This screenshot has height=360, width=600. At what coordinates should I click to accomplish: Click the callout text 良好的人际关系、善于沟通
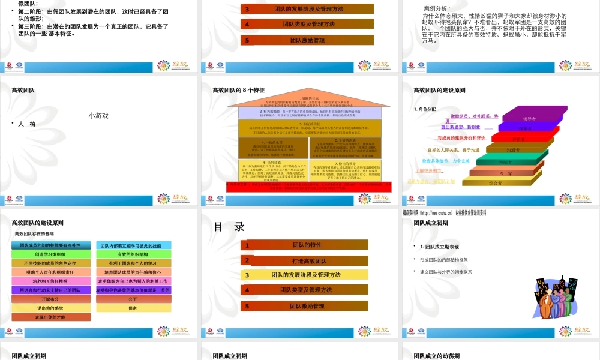(x=453, y=149)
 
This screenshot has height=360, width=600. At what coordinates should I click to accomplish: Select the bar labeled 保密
(x=133, y=308)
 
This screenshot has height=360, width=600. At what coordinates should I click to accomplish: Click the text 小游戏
(x=99, y=116)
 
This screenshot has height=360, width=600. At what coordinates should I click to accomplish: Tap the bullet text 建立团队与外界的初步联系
(x=446, y=272)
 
